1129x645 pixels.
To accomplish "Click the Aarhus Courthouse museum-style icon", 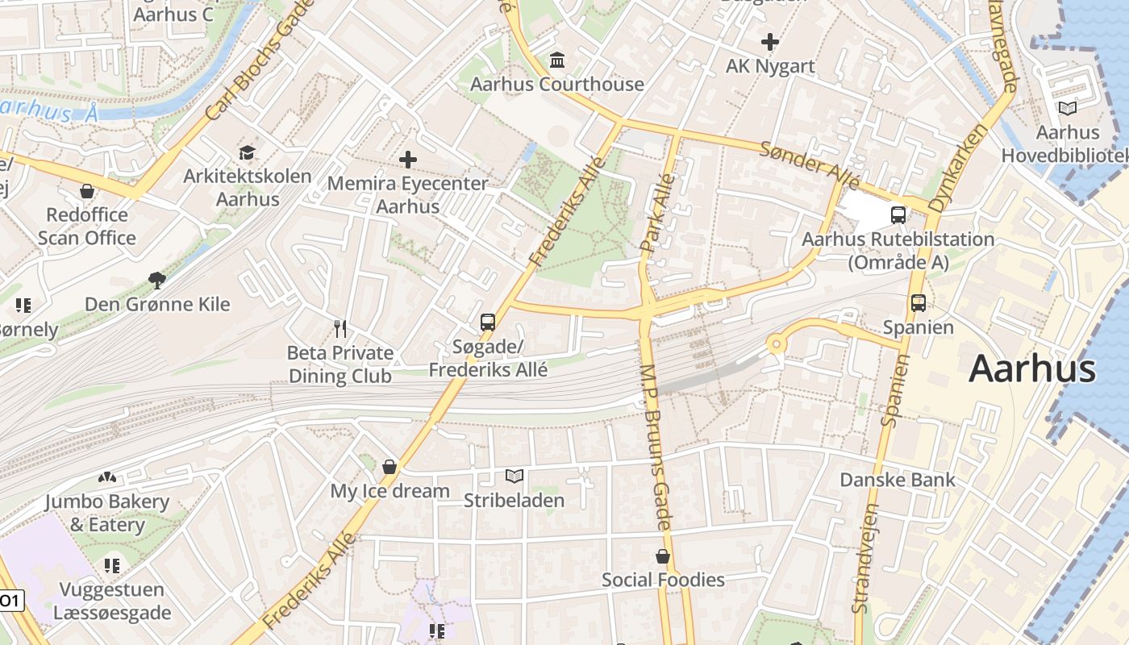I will [x=557, y=60].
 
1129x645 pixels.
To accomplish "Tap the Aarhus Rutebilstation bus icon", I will [x=898, y=214].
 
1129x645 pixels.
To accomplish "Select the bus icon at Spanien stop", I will [x=918, y=303].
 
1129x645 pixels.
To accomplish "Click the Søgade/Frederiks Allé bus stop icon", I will [x=487, y=322].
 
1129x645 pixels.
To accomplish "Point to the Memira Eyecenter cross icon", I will [x=408, y=160].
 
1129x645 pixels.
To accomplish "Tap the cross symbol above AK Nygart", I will [x=770, y=41].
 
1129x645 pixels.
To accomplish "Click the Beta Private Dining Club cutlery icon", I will [x=340, y=329].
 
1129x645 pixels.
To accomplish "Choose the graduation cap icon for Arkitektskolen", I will [x=247, y=152].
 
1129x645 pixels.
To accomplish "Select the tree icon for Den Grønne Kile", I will [x=157, y=281].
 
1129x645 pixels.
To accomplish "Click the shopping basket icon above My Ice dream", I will [x=390, y=467].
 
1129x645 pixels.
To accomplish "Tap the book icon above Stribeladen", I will [x=514, y=476].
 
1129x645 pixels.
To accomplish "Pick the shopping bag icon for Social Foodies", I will [x=662, y=556].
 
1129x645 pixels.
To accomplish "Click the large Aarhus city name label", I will [x=1031, y=369].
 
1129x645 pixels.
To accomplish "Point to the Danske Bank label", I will [x=897, y=480].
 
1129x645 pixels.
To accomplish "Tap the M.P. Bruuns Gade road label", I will [x=656, y=447].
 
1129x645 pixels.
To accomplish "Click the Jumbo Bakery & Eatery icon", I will [x=106, y=478].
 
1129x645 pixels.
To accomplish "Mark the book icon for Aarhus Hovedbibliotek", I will [x=1067, y=109].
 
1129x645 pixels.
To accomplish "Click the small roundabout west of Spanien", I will [x=776, y=344].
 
